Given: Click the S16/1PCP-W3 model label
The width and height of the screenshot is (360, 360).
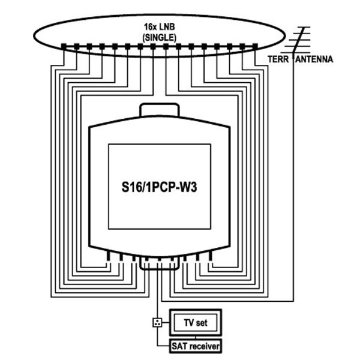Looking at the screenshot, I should click(159, 187).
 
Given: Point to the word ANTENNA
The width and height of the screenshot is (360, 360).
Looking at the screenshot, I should click(313, 60).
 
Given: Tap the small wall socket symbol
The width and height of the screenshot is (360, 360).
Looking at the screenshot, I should click(158, 323).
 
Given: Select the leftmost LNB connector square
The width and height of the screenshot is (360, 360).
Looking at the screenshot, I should click(64, 46).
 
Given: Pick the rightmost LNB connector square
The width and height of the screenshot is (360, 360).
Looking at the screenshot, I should click(254, 46).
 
